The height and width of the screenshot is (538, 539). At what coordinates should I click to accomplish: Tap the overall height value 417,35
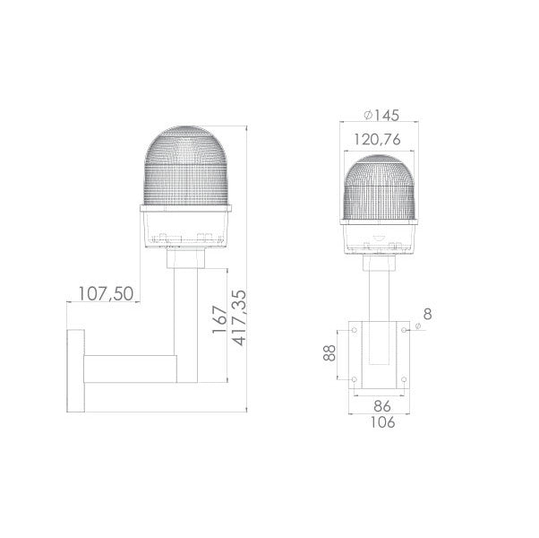point(238,317)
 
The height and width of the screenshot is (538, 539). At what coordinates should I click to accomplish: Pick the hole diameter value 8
point(428,316)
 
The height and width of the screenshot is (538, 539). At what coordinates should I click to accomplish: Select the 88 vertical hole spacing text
point(329,356)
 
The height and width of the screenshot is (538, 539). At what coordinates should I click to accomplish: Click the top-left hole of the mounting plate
point(355,331)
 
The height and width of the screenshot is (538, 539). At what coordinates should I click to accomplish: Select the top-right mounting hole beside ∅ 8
point(406,331)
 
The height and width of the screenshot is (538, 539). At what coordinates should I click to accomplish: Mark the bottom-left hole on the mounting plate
point(355,381)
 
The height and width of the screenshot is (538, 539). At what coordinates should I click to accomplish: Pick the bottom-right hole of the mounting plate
point(406,381)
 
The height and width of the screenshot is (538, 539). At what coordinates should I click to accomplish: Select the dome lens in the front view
point(381,188)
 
